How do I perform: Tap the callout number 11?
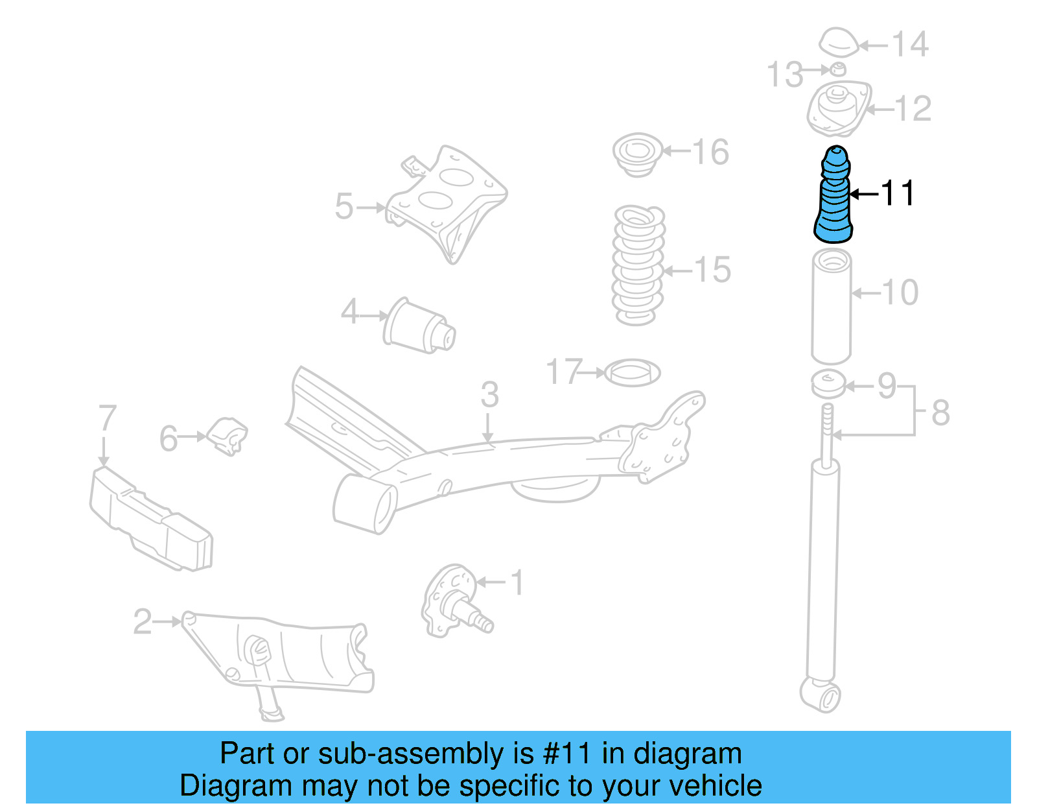897,193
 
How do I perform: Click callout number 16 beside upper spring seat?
710,152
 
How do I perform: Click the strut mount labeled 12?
838,108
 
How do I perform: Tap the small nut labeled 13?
837,69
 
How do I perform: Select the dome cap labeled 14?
838,43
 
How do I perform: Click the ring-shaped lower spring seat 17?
632,373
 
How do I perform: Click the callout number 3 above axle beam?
489,394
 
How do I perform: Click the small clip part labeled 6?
227,436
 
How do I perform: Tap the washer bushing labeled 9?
828,383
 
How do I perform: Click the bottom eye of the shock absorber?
821,696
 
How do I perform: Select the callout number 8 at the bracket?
940,412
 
